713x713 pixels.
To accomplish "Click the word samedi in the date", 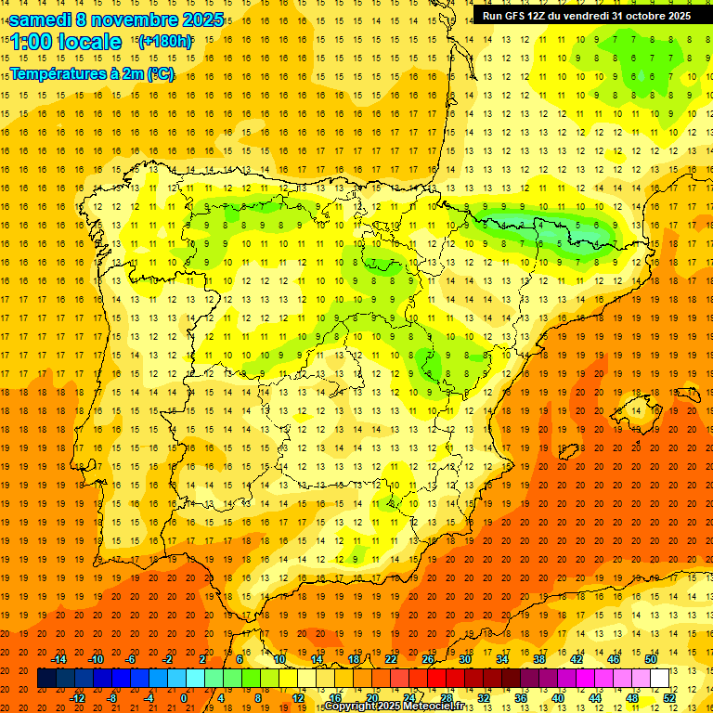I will tap(39, 19).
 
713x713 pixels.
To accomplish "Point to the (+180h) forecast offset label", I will tap(165, 42).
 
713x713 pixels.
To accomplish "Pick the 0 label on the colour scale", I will tap(184, 697).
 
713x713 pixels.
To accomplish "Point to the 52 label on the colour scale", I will tap(669, 697).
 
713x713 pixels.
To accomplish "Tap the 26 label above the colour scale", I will tap(428, 659).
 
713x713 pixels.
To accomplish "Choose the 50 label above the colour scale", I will tap(651, 659).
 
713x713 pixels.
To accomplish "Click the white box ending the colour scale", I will tap(659, 679).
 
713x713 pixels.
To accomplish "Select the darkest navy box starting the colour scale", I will tap(46, 679).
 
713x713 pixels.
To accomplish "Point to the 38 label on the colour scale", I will tap(539, 659).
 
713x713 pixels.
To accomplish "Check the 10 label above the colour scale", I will tap(279, 659).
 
